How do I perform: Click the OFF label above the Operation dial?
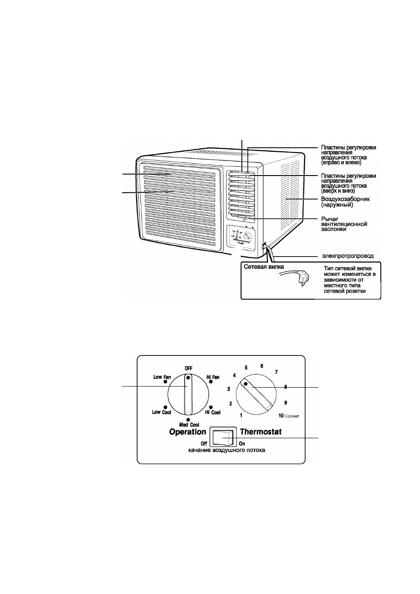(x=188, y=368)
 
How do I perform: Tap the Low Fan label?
(x=162, y=377)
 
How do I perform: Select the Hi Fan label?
(x=213, y=377)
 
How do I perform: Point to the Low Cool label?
(x=161, y=412)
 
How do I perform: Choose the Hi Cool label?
(x=213, y=412)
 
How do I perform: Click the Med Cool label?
(x=189, y=425)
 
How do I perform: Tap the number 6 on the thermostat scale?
(x=262, y=366)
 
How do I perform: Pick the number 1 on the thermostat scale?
(x=241, y=415)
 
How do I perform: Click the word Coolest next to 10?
(x=291, y=416)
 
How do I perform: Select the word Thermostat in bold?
(x=261, y=432)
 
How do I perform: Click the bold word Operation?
(x=188, y=432)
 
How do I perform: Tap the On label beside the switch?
(x=242, y=444)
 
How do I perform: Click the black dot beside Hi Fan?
(x=210, y=381)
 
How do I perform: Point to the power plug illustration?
(x=295, y=278)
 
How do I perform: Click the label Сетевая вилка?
(x=264, y=267)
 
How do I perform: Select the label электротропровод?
(x=348, y=256)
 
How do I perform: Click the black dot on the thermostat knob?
(x=246, y=384)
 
